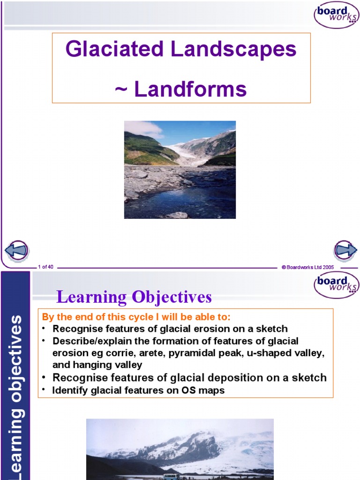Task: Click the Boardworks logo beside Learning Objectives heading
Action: point(336,285)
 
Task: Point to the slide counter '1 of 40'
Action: point(45,267)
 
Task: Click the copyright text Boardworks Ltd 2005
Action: point(307,267)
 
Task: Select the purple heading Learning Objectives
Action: point(134,297)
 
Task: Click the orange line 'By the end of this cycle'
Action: point(136,317)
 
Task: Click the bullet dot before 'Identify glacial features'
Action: point(44,390)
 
